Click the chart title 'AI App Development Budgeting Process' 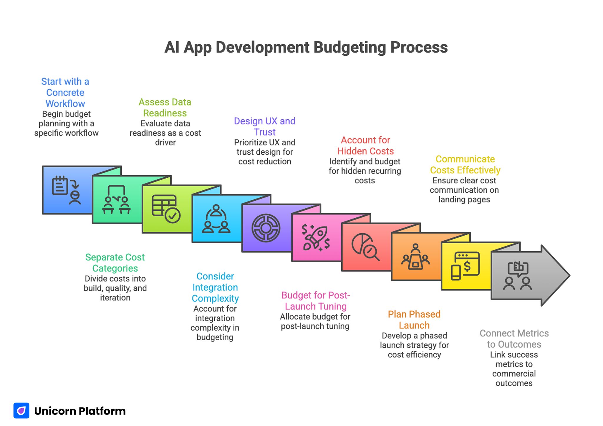pos(306,47)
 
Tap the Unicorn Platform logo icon pos(21,410)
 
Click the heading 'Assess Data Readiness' pos(165,108)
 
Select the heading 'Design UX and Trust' pos(264,126)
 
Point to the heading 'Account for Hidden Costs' pos(365,146)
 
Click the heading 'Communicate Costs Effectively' pos(465,164)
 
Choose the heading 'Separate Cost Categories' pos(115,262)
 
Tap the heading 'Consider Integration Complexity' pos(215,287)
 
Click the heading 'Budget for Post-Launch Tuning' pos(315,300)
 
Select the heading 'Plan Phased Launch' pos(414,320)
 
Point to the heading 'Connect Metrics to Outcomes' pos(514,339)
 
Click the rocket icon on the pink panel pos(315,238)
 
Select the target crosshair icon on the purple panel pos(266,228)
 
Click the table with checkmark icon pos(166,209)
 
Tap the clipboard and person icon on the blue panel pos(67,190)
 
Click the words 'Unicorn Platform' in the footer pos(80,411)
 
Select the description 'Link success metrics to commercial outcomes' pos(514,369)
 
